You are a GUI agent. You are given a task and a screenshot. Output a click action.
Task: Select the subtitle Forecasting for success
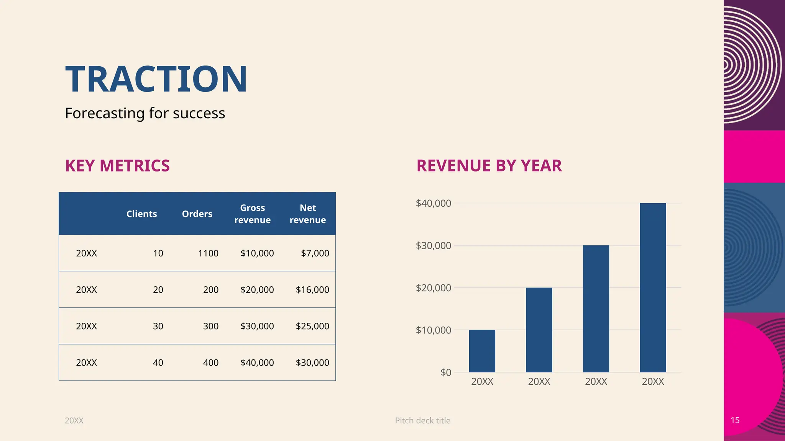pos(145,113)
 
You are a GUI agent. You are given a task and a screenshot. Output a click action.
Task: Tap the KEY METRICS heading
pos(117,166)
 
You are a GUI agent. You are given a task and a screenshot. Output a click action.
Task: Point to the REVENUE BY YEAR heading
pos(489,166)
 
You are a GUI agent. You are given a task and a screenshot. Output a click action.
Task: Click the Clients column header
pos(141,214)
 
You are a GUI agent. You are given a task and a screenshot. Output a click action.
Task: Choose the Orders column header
pos(197,214)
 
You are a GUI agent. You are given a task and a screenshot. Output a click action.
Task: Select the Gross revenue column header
pos(252,214)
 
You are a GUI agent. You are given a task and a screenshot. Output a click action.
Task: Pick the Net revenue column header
pos(307,214)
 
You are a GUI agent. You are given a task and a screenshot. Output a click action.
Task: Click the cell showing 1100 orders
pos(208,253)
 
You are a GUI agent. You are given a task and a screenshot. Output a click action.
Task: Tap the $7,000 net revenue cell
pos(315,253)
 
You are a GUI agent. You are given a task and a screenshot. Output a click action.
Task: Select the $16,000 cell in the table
pos(312,290)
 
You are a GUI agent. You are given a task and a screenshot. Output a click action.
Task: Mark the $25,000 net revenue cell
pos(312,326)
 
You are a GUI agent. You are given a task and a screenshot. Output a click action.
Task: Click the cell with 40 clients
pos(158,363)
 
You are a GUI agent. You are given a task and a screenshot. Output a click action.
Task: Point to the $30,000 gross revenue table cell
pos(257,326)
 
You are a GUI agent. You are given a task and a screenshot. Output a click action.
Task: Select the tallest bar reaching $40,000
pos(652,287)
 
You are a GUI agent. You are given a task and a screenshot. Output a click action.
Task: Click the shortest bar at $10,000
pos(482,351)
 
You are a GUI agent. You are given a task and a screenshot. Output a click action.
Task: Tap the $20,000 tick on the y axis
pos(433,288)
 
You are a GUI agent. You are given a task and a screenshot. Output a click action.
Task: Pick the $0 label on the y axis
pos(445,372)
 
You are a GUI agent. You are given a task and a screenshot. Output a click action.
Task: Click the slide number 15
pos(735,420)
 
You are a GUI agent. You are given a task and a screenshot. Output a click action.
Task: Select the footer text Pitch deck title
pos(422,421)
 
